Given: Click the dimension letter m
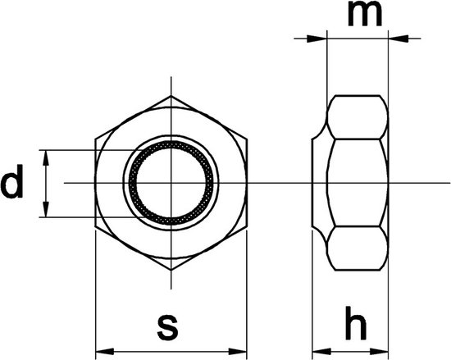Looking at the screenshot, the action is click(365, 14).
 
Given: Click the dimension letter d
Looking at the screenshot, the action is click(11, 181).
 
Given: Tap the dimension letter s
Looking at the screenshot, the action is click(167, 328).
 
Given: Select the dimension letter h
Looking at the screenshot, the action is click(356, 323).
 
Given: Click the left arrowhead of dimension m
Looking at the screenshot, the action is click(317, 39).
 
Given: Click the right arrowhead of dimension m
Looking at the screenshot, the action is click(399, 39).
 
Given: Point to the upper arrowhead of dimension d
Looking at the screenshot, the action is click(46, 158).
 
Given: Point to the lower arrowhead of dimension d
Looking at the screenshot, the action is click(46, 210).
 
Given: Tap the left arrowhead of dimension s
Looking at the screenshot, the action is click(105, 351).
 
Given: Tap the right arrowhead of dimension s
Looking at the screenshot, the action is click(238, 351).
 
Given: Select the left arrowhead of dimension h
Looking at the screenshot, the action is click(321, 351).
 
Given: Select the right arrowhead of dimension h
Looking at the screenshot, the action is click(379, 351).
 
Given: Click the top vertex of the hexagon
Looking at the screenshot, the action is click(171, 96).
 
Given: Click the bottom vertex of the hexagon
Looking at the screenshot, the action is click(171, 270).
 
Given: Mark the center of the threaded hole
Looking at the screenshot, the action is click(171, 183).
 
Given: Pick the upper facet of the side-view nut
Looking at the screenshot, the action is click(358, 117).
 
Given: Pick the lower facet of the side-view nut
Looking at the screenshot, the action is click(358, 248).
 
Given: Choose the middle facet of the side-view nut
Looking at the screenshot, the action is click(358, 183).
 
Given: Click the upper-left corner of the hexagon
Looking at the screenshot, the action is click(95, 139).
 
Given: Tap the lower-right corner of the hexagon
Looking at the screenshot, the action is click(247, 226).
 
